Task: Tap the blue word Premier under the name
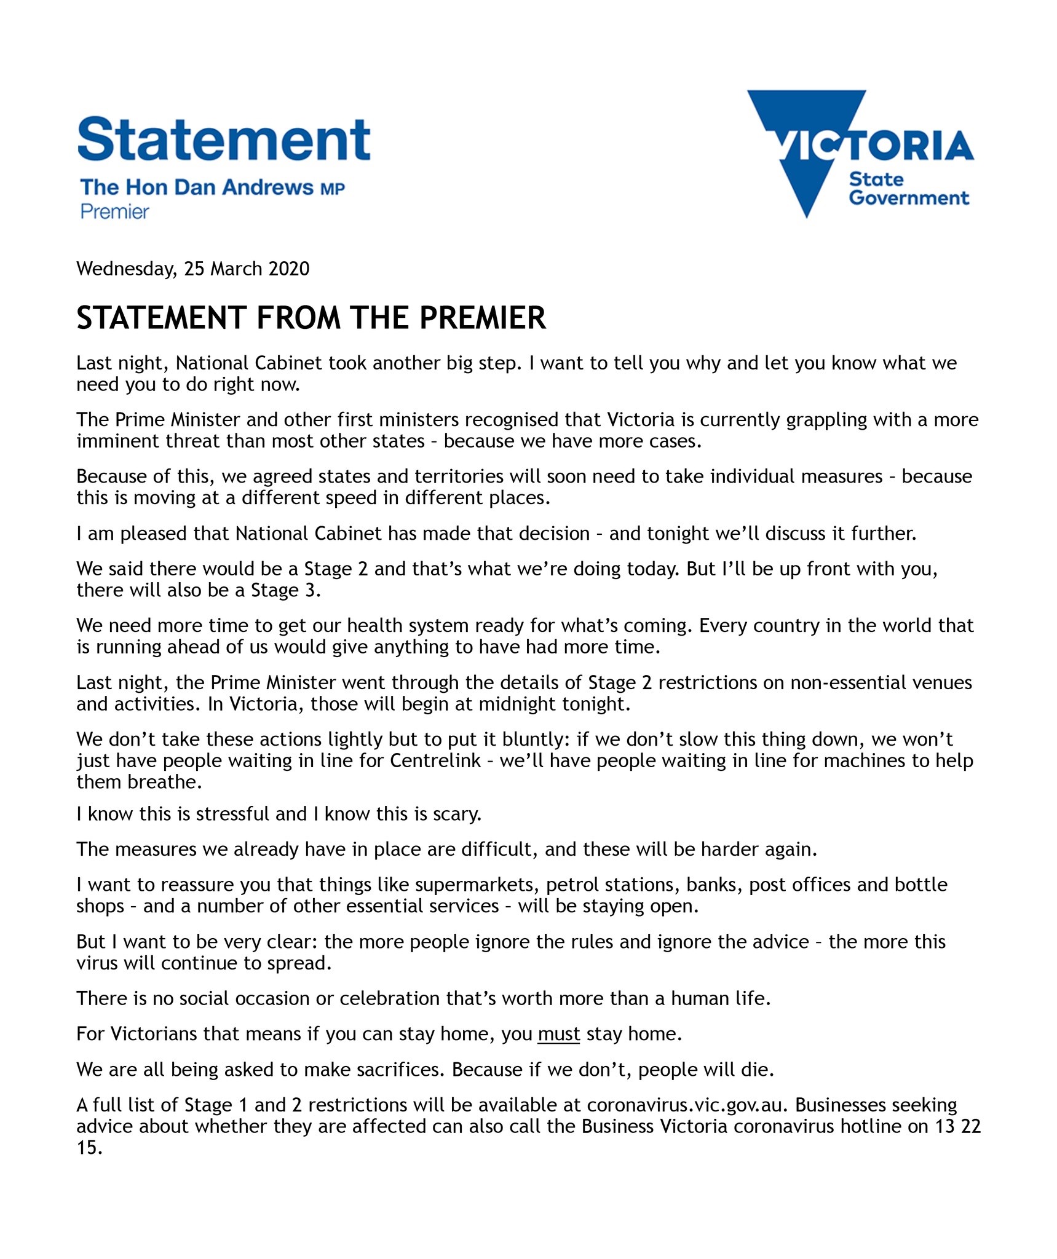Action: [x=115, y=212]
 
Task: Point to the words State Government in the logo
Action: [x=908, y=189]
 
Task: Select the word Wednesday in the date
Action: [x=126, y=269]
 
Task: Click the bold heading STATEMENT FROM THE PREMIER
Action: [x=311, y=318]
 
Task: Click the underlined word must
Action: [x=558, y=1034]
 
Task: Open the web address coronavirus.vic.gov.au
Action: [x=686, y=1105]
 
